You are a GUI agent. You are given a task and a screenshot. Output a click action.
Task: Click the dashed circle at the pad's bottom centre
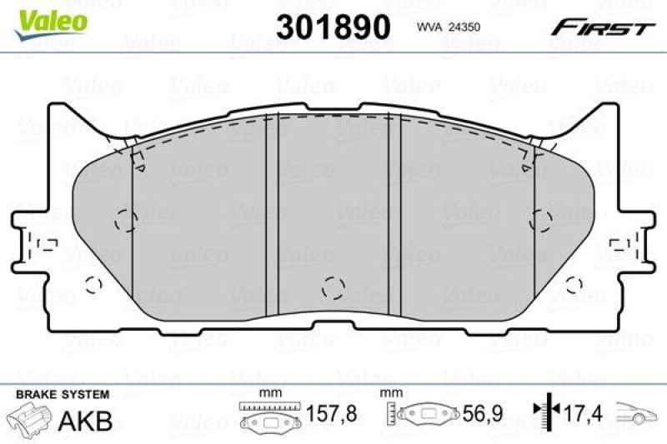[333, 287]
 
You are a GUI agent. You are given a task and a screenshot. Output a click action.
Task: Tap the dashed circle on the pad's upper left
[124, 222]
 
